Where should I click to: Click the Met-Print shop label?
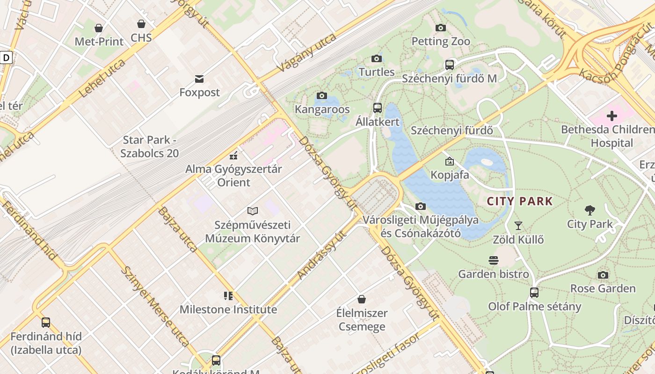coord(99,42)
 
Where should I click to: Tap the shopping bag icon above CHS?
coord(141,24)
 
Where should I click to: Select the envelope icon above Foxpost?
coord(199,79)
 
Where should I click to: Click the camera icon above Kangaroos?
coord(321,96)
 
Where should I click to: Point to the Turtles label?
coord(377,72)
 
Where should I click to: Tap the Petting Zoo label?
coord(441,41)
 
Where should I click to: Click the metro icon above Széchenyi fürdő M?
coord(449,65)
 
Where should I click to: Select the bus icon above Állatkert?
coord(378,108)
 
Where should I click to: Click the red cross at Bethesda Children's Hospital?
coord(611,115)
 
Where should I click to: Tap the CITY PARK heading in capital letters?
coord(520,201)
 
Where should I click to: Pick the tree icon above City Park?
coord(589,210)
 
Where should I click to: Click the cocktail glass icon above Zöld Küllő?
coord(518,226)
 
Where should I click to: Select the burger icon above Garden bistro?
coord(493,260)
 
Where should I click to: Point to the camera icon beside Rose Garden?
coord(603,275)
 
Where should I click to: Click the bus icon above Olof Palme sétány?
coord(534,293)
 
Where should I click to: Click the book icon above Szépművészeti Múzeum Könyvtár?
coord(253,211)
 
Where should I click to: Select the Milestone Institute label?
coord(228,309)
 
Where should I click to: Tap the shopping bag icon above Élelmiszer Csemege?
coord(361,299)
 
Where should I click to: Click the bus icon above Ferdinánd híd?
coord(45,323)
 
